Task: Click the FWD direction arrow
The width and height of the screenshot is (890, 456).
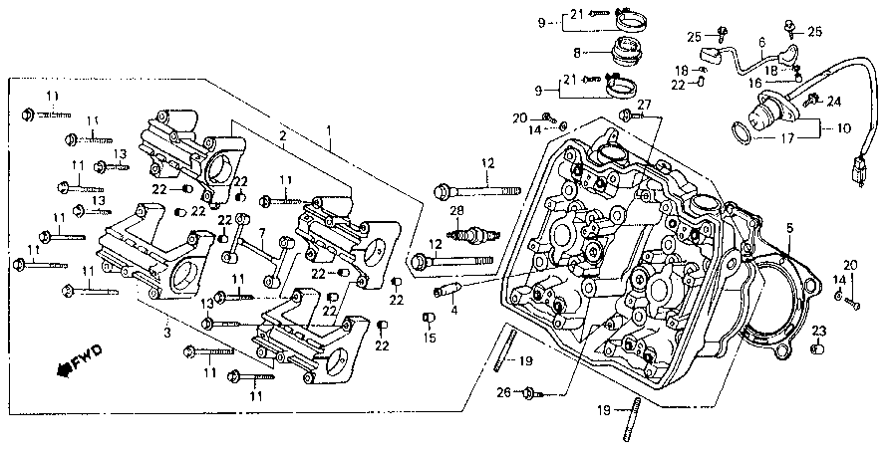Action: click(79, 360)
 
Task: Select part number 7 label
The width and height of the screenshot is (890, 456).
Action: click(262, 233)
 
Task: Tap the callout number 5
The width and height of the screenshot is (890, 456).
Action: click(789, 228)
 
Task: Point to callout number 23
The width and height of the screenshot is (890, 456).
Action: click(818, 331)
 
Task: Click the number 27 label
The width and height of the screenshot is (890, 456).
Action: click(644, 105)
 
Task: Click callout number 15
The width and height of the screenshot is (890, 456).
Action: click(430, 339)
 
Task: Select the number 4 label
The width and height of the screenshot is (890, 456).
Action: click(453, 311)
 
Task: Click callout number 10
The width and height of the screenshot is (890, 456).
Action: click(843, 128)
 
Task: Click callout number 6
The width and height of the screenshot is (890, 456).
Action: click(761, 42)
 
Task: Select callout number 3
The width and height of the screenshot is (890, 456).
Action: click(167, 332)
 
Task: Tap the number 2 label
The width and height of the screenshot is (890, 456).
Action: click(282, 135)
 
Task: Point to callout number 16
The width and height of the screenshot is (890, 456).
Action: click(754, 83)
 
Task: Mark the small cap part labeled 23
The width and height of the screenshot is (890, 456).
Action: click(817, 348)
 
